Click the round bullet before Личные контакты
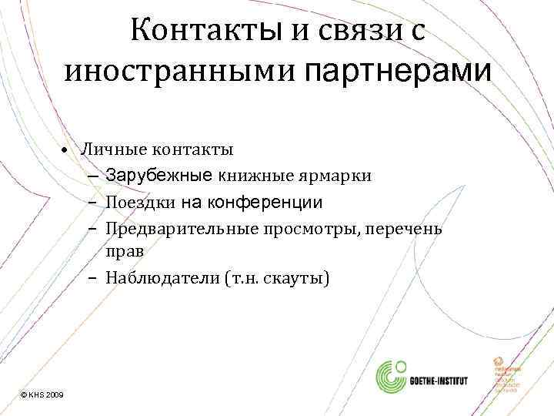point(68,149)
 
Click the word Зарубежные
point(159,175)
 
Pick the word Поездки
point(142,202)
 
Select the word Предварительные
point(172,228)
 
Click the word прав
point(125,250)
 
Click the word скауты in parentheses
point(300,277)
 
